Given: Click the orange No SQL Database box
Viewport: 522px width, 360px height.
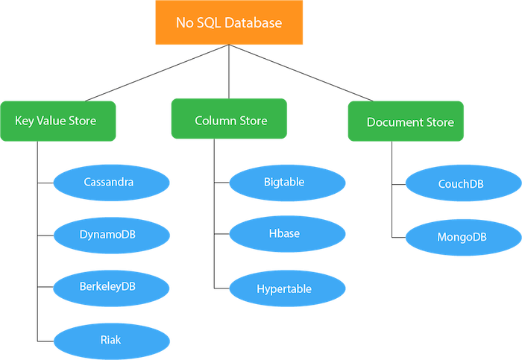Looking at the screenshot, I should pos(229,22).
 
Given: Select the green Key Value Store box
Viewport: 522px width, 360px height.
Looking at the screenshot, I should pos(58,120).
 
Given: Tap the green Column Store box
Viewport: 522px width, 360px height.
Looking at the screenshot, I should pos(229,119).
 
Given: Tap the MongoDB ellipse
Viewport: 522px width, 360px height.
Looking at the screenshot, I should pos(462,238).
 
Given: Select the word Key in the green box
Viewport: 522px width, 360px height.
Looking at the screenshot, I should pos(25,120).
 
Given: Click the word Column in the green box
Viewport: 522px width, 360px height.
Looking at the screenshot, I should pos(215,120).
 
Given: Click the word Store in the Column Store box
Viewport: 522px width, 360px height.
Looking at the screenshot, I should pos(253,120).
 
